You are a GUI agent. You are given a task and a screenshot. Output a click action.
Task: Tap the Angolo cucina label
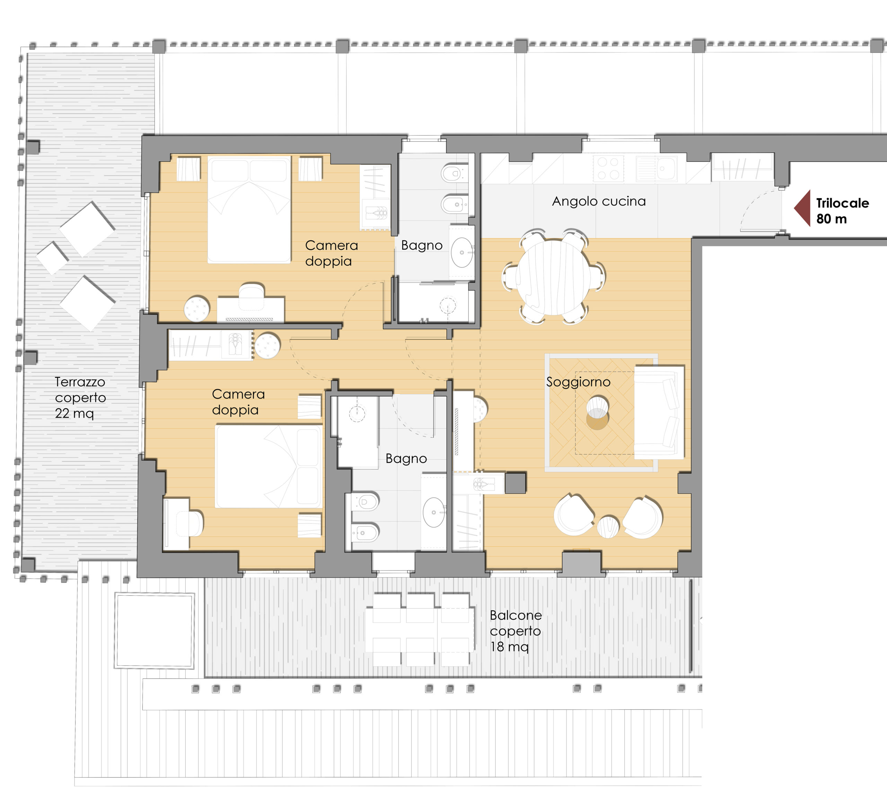coord(599,202)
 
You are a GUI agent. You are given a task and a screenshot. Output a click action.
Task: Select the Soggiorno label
coord(578,382)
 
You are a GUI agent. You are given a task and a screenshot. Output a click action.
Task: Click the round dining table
coord(553,277)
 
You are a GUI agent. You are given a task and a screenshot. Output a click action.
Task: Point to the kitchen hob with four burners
coord(608,168)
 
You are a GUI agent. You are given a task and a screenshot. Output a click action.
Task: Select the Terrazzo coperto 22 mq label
coord(80,397)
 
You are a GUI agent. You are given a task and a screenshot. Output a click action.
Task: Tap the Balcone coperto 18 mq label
coord(515,631)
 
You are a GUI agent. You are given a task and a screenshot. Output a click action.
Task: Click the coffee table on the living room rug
coord(597,412)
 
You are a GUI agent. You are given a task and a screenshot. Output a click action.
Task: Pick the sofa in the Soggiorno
coord(659,412)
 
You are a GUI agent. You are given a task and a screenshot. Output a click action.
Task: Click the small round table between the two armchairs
coord(608,527)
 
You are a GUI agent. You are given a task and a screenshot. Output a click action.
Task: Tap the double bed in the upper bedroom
coord(249,210)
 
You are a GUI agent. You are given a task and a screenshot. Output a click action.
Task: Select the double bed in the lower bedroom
coord(269,466)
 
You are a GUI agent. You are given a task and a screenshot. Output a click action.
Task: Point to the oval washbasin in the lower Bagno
coord(434,512)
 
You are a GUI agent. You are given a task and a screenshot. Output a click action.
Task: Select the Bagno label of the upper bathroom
coord(422,245)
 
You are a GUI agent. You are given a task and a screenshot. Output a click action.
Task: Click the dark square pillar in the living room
coord(515,483)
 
